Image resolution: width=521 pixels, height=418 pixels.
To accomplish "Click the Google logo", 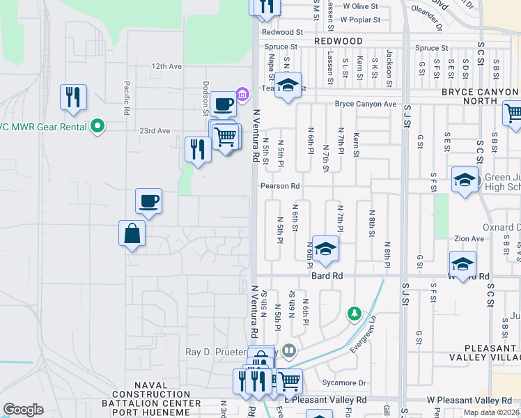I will [24, 410].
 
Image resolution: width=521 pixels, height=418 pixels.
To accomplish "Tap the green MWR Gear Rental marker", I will [98, 126].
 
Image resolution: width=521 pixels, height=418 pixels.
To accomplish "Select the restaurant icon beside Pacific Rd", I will [73, 98].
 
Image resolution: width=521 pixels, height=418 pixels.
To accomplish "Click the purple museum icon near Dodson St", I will [242, 94].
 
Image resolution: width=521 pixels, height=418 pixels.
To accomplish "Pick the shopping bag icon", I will [132, 233].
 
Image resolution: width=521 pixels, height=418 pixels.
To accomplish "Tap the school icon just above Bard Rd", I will [325, 249].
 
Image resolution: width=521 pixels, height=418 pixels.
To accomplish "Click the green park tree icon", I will [355, 315].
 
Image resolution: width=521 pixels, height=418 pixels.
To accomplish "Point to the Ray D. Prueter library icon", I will [289, 350].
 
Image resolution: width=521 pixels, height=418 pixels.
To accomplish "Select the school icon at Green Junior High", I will [465, 180].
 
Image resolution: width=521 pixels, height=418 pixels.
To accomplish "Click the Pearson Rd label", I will [280, 186].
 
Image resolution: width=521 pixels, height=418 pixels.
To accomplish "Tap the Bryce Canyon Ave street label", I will [366, 104].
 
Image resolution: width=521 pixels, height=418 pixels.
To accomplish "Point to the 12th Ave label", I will [166, 66].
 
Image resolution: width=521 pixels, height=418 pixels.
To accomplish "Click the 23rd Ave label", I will [155, 130].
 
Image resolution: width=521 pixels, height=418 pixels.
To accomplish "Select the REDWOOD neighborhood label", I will [339, 41].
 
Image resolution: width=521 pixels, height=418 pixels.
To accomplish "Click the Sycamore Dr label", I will [344, 382].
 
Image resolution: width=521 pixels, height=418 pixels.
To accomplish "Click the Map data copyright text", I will [491, 412].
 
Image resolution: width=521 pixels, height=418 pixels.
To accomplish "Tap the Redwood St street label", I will [283, 32].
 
